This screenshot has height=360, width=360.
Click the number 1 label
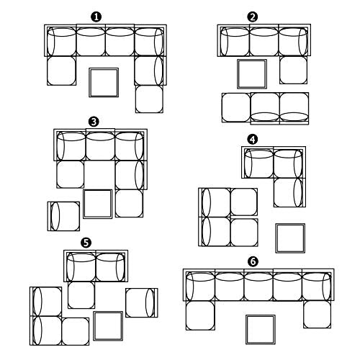pyautogui.click(x=96, y=17)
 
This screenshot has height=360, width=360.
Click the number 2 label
pyautogui.click(x=252, y=17)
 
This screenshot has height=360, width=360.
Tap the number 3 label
pyautogui.click(x=94, y=122)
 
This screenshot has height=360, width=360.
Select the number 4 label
pyautogui.click(x=252, y=139)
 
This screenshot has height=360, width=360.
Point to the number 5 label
pyautogui.click(x=86, y=243)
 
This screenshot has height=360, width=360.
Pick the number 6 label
pyautogui.click(x=253, y=261)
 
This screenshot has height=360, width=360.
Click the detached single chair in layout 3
pyautogui.click(x=63, y=216)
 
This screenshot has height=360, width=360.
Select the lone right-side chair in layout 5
pyautogui.click(x=142, y=303)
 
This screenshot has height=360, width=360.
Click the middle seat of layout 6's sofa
pyautogui.click(x=258, y=285)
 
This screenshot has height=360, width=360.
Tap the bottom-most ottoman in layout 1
pyautogui.click(x=149, y=99)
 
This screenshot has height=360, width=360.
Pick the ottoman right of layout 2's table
pyautogui.click(x=293, y=70)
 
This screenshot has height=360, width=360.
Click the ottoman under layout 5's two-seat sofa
pyautogui.click(x=81, y=295)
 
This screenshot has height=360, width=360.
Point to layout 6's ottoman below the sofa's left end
pyautogui.click(x=200, y=316)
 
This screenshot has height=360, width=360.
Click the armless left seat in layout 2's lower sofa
pyautogui.click(x=236, y=107)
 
